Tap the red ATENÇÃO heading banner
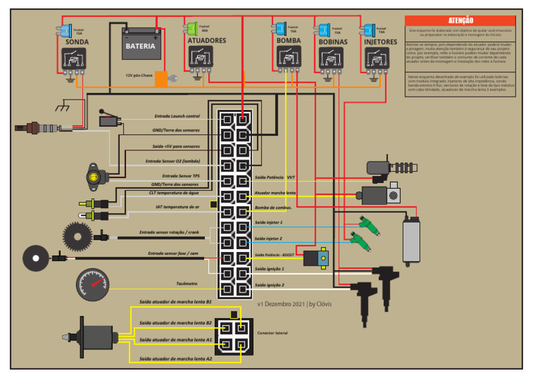pyautogui.click(x=460, y=21)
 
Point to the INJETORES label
pyautogui.click(x=380, y=42)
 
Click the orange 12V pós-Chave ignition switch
pyautogui.click(x=161, y=79)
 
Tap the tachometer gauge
pyautogui.click(x=93, y=285)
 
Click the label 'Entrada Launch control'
pyautogui.click(x=177, y=116)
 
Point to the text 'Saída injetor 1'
pyautogui.click(x=268, y=223)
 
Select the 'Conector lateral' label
pyautogui.click(x=272, y=333)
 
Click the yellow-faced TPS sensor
pyautogui.click(x=92, y=177)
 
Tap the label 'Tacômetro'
pyautogui.click(x=187, y=283)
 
